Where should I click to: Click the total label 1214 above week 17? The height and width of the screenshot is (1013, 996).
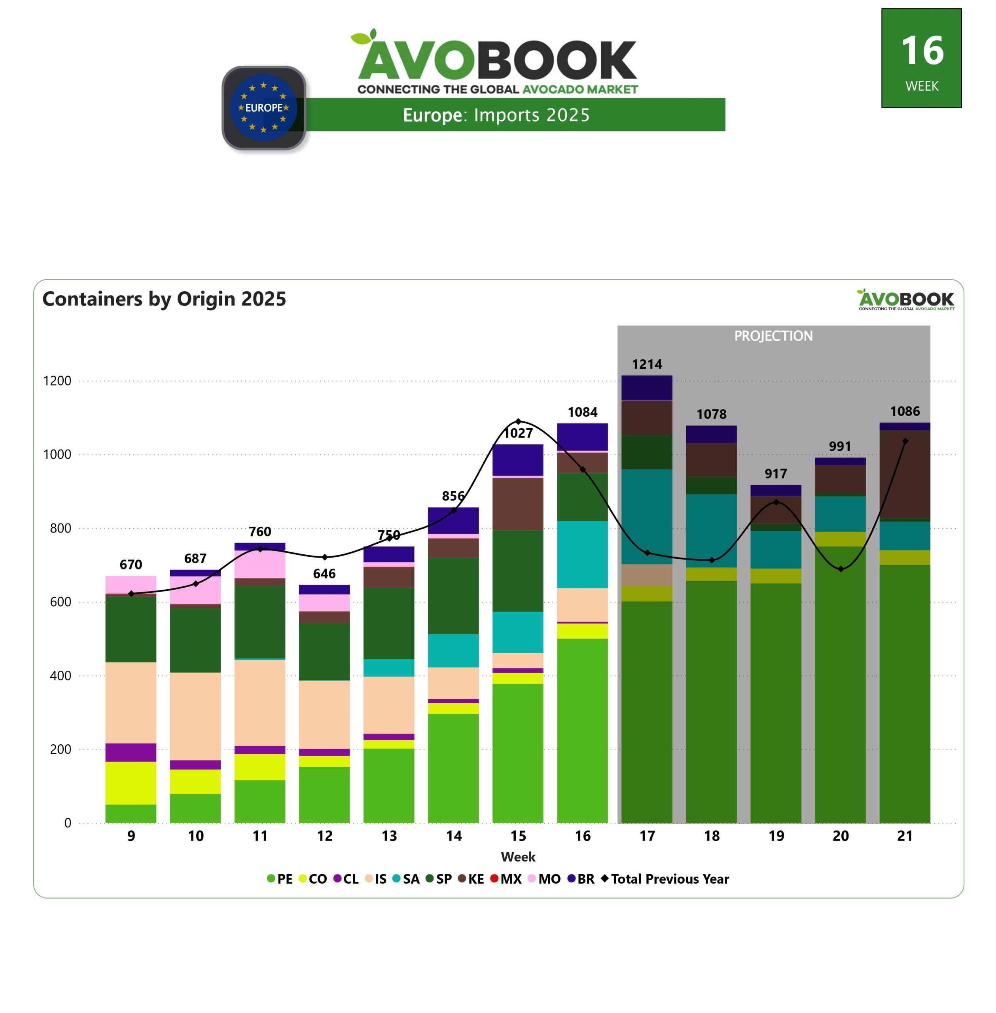pyautogui.click(x=647, y=364)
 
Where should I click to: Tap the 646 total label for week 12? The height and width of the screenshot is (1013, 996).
pyautogui.click(x=324, y=573)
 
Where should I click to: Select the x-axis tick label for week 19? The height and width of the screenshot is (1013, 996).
pyautogui.click(x=776, y=836)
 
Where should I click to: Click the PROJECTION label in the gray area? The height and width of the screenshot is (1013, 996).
pyautogui.click(x=773, y=336)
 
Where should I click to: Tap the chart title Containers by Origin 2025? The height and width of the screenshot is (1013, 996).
pyautogui.click(x=164, y=299)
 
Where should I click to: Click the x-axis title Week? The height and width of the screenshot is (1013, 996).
pyautogui.click(x=518, y=857)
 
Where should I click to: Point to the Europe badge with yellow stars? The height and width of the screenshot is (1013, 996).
pyautogui.click(x=264, y=108)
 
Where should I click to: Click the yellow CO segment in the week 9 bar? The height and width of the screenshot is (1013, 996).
pyautogui.click(x=131, y=783)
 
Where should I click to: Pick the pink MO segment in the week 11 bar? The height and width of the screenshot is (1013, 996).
pyautogui.click(x=260, y=564)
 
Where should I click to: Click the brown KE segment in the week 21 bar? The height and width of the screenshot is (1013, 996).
pyautogui.click(x=905, y=474)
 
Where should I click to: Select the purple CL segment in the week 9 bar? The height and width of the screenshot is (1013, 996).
pyautogui.click(x=131, y=752)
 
